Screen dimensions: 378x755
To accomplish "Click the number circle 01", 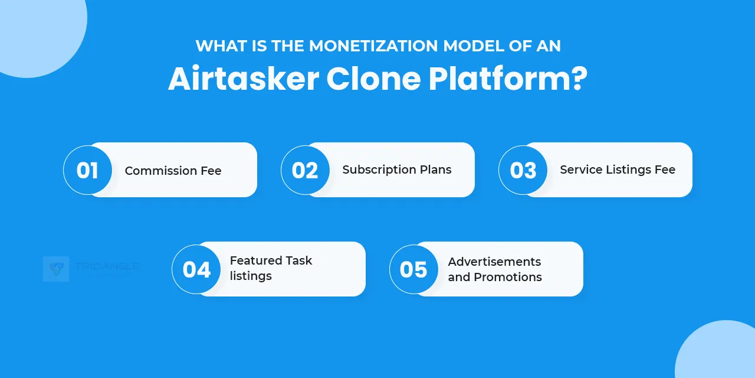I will pos(87,170).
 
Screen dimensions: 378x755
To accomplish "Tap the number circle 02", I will pos(305,170).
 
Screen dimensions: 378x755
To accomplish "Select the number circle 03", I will pos(523,170).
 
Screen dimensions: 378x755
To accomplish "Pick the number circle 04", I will pos(196,269).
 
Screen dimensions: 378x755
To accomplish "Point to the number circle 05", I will pos(413,269).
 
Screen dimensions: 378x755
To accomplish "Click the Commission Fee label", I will pos(173,171).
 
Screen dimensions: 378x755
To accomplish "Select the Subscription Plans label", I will pos(397,170).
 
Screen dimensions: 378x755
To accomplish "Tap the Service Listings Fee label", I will pos(618,170).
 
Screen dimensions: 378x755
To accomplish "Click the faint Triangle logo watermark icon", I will pos(56,269).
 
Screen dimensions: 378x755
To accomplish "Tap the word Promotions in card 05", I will pos(507,277).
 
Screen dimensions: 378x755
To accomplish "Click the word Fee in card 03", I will pos(665,170).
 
